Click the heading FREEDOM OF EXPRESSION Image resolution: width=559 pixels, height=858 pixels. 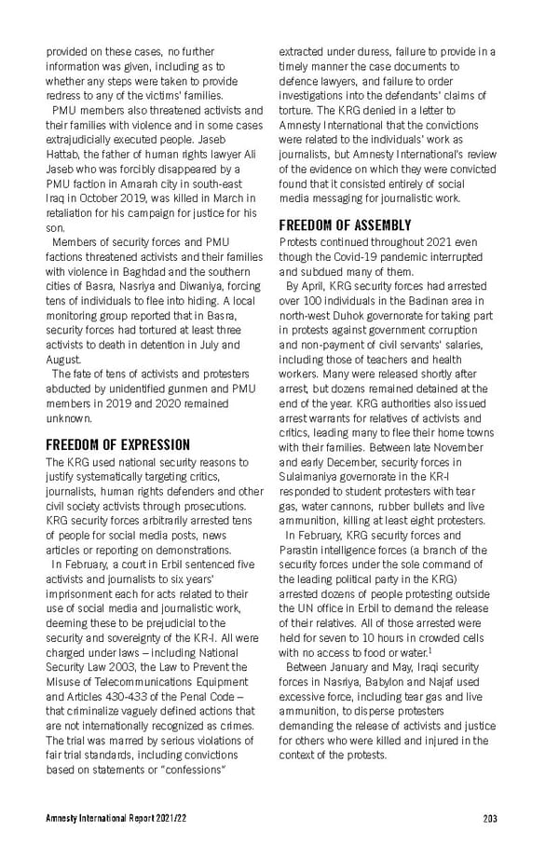(118, 444)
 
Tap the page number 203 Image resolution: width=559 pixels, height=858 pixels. (490, 819)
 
